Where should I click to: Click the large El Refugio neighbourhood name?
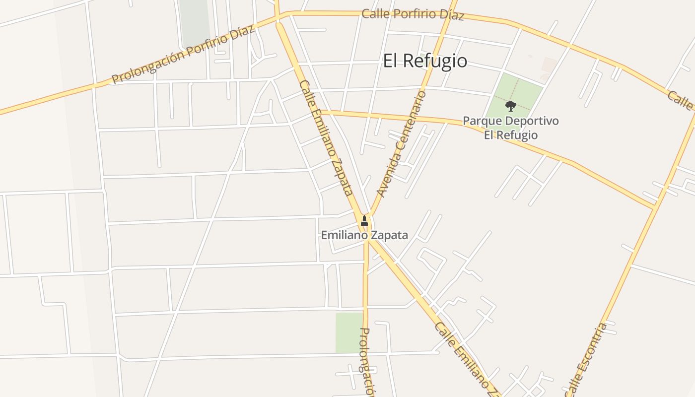click(x=425, y=61)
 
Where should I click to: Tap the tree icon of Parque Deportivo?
click(x=510, y=106)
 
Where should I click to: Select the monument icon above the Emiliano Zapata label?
click(x=364, y=220)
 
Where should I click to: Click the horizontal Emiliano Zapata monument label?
click(x=364, y=235)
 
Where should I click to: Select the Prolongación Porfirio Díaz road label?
click(x=183, y=54)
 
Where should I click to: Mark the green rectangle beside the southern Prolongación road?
click(x=349, y=332)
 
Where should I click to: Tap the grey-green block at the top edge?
click(x=195, y=22)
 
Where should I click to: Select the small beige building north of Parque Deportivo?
click(x=549, y=65)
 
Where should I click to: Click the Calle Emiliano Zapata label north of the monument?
click(x=327, y=138)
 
